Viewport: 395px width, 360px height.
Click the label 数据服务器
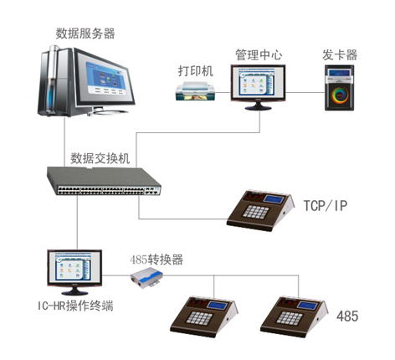(85, 33)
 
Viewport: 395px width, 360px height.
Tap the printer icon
(196, 91)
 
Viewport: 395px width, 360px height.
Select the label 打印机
(196, 71)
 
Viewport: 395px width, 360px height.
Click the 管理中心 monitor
(258, 87)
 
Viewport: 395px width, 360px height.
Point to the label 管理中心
(259, 54)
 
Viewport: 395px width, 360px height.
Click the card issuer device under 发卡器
(339, 88)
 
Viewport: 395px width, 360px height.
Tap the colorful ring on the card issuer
(340, 95)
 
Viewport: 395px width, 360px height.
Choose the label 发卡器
(340, 54)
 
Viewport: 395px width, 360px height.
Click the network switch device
(104, 181)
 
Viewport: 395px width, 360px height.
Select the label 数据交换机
(100, 158)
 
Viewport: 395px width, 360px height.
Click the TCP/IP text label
(326, 206)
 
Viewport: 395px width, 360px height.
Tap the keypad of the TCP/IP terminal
(255, 212)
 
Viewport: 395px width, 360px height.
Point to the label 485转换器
(156, 260)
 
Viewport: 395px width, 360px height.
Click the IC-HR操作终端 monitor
(74, 272)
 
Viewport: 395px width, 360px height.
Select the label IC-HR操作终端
(75, 306)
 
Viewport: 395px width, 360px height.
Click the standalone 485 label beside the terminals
(347, 316)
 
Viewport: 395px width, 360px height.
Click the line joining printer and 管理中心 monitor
(223, 92)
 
